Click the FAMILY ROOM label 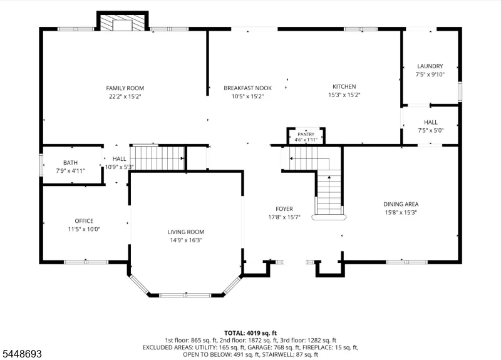coord(125,88)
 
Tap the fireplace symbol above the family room coord(123,23)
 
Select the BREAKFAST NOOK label coord(247,88)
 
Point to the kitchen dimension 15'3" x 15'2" coord(344,95)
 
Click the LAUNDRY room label coord(430,66)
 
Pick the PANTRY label coord(306,135)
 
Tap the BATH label coord(70,163)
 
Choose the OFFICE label coord(84,221)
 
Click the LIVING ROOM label coord(186,232)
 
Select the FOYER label coord(284,209)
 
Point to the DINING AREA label coord(401,204)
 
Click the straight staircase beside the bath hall coord(158,158)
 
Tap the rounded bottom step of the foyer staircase coord(329,217)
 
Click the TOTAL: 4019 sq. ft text coord(250,333)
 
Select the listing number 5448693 coord(22,354)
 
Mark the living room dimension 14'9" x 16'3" coord(186,240)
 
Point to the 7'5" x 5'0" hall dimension coord(431,130)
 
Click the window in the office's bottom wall coord(86,262)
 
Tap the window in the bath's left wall coord(41,165)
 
